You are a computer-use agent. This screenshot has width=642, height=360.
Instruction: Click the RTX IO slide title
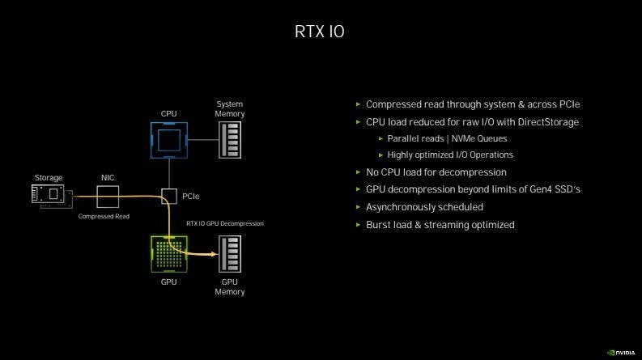coord(321,33)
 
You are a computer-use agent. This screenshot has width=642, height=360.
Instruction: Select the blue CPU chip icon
coord(168,140)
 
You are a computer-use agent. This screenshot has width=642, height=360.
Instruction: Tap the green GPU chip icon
coord(168,253)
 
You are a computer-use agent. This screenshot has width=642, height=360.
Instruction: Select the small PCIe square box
coord(168,196)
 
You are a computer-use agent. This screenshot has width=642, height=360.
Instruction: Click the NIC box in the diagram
coord(108,196)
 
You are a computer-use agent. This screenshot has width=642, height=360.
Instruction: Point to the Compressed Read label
coord(104,217)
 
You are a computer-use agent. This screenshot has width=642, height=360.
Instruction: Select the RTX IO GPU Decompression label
coord(225,223)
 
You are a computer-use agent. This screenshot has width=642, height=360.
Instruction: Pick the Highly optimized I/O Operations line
coord(450,155)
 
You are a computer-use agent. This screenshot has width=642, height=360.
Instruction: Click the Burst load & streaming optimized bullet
coord(440,224)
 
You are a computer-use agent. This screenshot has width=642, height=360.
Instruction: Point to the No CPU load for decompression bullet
coord(436,172)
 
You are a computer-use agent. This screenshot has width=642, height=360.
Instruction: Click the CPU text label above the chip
coord(168,114)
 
